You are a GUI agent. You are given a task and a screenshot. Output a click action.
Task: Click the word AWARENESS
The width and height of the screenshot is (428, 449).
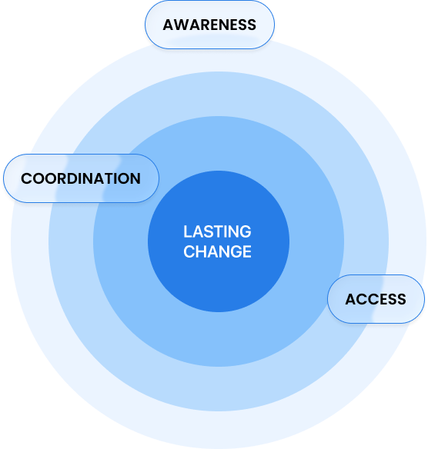click(x=209, y=25)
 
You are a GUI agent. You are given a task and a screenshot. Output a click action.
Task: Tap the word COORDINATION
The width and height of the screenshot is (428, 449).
click(x=81, y=178)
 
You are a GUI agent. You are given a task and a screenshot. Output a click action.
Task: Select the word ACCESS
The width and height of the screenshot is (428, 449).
click(x=376, y=300)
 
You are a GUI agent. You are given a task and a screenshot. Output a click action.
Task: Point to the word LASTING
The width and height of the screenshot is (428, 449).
click(x=217, y=231)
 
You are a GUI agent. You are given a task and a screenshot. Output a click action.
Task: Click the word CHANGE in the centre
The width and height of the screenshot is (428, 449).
click(x=217, y=251)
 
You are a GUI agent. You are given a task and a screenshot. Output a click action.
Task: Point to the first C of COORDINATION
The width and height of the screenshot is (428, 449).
click(x=27, y=178)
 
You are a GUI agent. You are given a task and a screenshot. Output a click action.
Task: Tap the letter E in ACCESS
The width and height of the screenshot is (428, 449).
click(x=383, y=300)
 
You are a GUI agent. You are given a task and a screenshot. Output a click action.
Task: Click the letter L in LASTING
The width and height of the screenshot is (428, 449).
click(x=187, y=231)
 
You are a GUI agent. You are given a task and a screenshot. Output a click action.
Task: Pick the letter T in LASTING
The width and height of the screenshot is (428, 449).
click(x=217, y=231)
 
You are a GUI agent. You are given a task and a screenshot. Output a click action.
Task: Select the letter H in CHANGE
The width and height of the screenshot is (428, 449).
click(x=201, y=251)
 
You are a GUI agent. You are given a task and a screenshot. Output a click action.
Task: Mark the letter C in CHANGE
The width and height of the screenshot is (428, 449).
click(x=189, y=251)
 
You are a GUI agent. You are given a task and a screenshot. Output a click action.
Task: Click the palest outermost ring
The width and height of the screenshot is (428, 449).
click(x=219, y=429)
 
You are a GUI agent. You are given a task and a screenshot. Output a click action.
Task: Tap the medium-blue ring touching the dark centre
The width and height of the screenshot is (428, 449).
click(x=219, y=339)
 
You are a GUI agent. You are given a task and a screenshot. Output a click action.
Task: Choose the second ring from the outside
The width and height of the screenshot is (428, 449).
click(x=219, y=389)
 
